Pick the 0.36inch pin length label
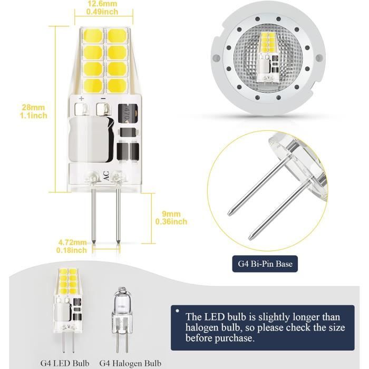click(171, 222)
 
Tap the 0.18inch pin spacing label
click(72, 251)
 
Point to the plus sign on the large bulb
click(82, 99)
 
